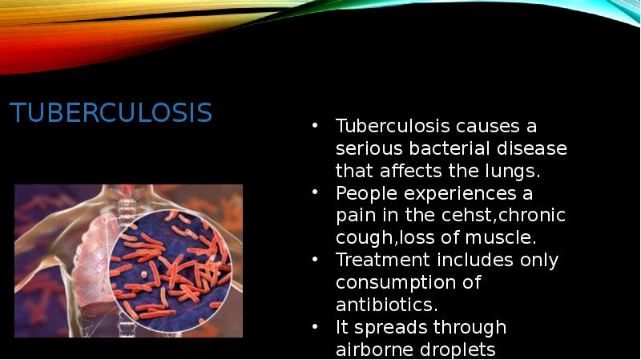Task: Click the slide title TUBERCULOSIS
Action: click(x=111, y=113)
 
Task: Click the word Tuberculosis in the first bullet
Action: click(x=393, y=127)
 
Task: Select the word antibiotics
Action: click(x=385, y=305)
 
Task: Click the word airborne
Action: click(x=371, y=350)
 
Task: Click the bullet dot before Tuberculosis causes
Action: click(x=316, y=127)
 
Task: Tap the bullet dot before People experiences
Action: click(x=316, y=193)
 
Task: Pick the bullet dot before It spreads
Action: click(x=316, y=327)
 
